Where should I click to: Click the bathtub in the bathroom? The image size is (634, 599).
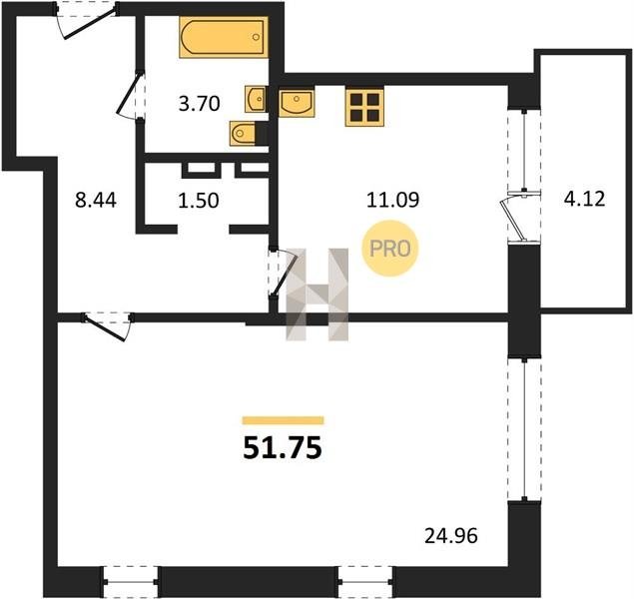224,37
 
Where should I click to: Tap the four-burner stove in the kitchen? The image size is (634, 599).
364,107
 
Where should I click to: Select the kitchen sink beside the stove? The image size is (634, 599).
297,103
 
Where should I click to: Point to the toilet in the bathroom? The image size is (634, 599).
243,133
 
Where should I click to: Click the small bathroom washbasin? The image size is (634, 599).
256,99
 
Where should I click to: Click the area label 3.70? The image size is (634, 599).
200,104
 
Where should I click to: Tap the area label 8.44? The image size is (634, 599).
96,200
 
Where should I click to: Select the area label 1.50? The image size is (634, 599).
199,200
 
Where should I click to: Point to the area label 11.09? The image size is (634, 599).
392,200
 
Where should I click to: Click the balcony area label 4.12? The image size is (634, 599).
585,199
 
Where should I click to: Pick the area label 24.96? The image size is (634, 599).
451,536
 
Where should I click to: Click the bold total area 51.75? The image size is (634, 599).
283,448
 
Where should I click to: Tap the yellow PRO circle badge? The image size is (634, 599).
390,249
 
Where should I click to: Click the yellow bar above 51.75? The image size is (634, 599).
283,420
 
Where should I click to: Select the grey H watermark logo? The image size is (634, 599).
317,294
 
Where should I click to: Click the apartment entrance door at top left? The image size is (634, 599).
87,20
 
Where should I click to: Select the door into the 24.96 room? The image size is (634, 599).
108,325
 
